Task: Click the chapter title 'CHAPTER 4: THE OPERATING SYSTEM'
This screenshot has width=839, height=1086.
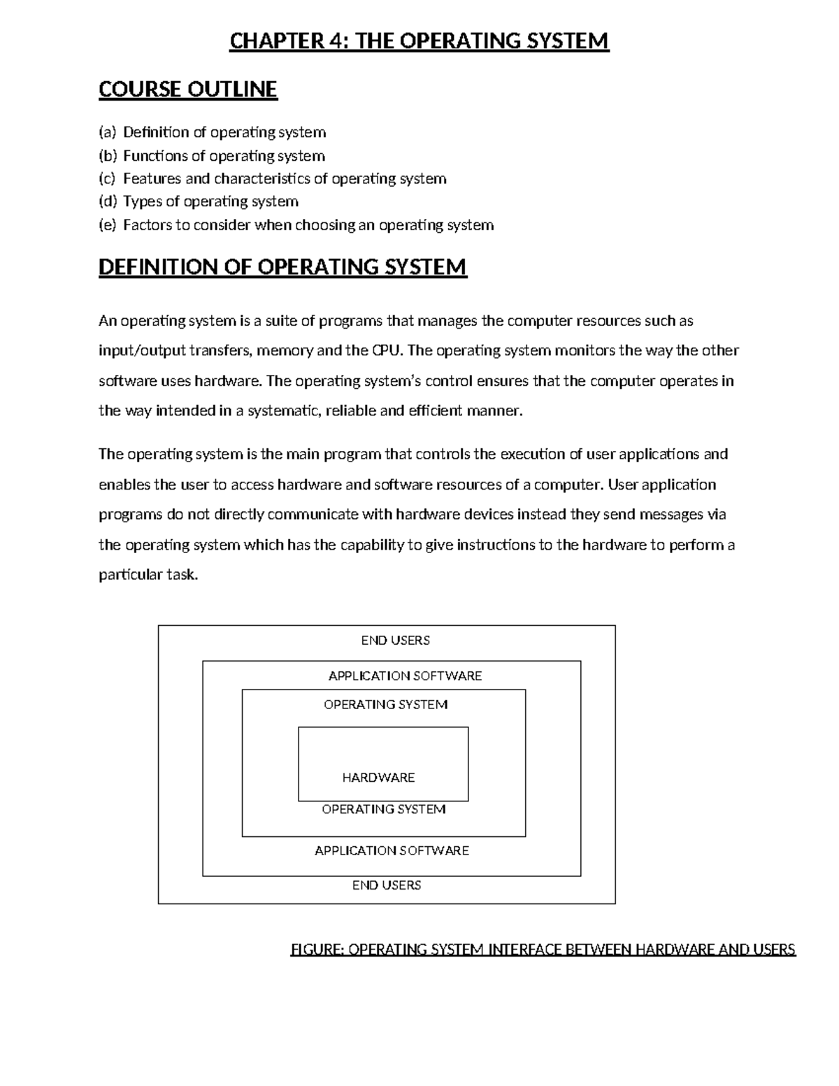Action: (419, 41)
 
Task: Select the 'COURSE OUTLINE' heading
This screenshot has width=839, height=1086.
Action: (188, 90)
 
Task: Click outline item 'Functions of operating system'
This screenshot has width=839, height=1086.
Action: (224, 155)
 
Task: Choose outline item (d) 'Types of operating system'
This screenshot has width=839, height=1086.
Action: (210, 201)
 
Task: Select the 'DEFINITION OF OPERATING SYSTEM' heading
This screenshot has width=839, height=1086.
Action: (282, 267)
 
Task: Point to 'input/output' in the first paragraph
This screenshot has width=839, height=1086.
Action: (142, 351)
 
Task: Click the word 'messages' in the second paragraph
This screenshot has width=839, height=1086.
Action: (661, 515)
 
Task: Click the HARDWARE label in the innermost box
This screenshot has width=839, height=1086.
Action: (378, 778)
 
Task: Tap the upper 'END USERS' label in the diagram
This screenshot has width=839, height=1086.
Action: (395, 640)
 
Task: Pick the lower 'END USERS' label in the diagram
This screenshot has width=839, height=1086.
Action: (387, 885)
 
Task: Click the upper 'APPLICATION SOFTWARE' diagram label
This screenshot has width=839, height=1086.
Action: (405, 676)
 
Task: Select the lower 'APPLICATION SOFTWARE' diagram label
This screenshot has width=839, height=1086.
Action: (392, 850)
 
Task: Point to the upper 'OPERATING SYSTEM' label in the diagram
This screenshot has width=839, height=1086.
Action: (385, 704)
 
